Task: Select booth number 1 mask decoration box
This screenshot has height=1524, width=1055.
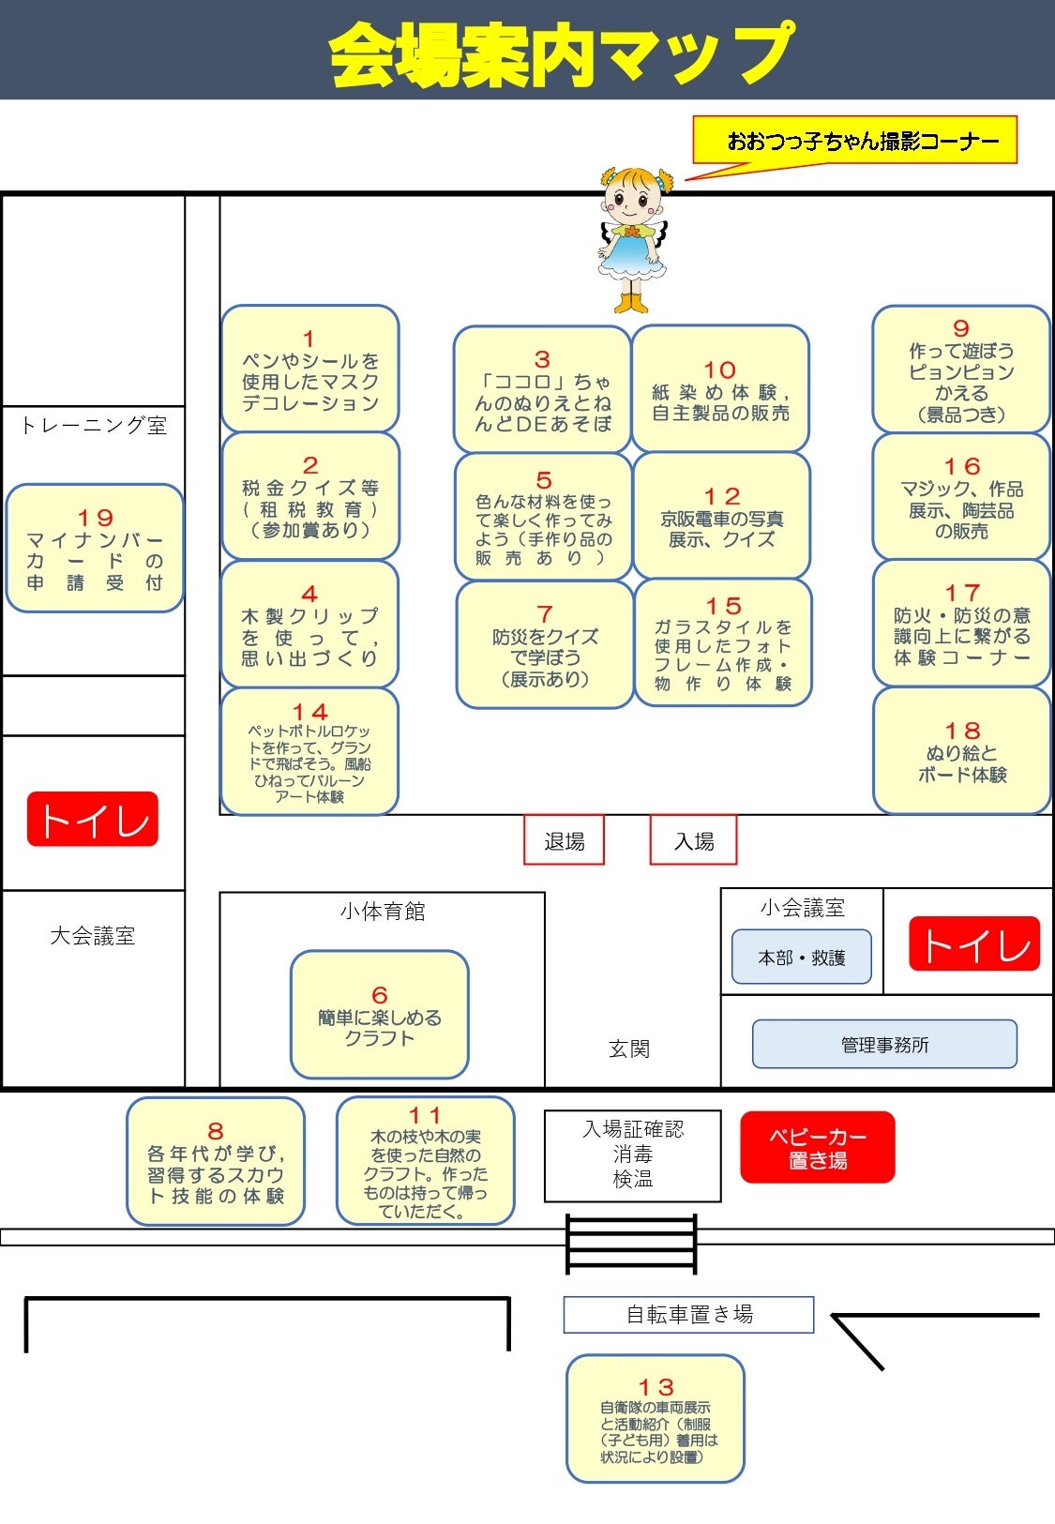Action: pos(310,370)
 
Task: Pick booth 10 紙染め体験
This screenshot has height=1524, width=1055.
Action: pos(720,389)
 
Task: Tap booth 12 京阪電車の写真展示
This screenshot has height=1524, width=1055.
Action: pos(721,517)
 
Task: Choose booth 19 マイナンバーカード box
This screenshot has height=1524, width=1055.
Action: pos(95,549)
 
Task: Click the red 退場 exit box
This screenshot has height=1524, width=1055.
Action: pos(564,840)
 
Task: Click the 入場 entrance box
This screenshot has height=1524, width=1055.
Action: pos(694,840)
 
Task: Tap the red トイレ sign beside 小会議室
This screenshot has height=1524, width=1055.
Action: pos(974,943)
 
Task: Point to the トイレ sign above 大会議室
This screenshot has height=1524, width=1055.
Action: pos(93,820)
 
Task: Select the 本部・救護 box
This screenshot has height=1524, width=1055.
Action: pos(802,958)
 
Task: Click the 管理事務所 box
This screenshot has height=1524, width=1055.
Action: pos(884,1044)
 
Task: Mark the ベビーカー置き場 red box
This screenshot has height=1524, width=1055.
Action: pos(818,1148)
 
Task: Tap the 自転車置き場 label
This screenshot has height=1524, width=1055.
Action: pos(688,1314)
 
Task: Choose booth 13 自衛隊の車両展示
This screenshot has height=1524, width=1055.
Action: pos(656,1419)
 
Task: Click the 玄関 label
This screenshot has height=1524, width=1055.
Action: pos(628,1049)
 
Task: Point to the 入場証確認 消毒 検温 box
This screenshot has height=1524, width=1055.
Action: pos(633,1155)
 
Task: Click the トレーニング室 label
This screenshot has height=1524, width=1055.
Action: pos(93,426)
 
